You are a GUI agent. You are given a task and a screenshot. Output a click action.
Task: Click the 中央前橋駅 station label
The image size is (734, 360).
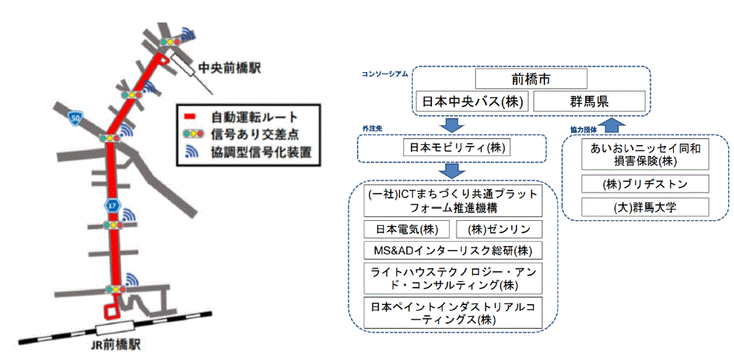point(228,68)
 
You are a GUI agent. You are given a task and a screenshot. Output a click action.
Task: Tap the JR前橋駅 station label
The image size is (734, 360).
point(115,345)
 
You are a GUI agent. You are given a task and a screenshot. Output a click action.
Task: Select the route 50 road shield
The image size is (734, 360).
point(74,116)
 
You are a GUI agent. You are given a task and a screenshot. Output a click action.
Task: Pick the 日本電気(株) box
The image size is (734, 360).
point(405,229)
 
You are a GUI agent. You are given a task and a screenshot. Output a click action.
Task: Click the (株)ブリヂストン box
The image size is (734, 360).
point(644,184)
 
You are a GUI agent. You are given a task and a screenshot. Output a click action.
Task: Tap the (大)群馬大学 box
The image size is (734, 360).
point(644,206)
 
